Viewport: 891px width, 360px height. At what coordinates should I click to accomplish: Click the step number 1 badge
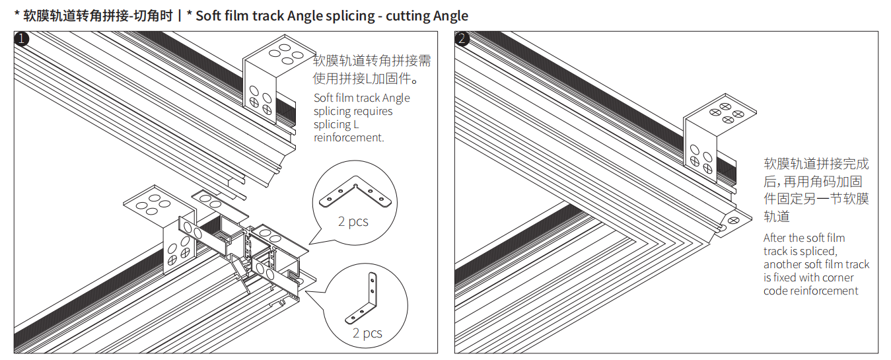click(22, 39)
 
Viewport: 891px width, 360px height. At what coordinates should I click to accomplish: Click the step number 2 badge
click(462, 39)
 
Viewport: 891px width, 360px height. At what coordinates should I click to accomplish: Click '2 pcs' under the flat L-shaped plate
click(353, 221)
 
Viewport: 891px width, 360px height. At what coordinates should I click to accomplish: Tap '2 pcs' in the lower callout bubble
click(367, 333)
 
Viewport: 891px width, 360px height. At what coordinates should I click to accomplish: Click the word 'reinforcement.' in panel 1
click(349, 137)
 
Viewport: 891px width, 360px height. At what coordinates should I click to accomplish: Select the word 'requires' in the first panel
click(373, 111)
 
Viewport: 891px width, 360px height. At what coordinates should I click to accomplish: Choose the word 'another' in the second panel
click(784, 264)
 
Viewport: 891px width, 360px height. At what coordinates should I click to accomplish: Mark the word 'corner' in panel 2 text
click(838, 277)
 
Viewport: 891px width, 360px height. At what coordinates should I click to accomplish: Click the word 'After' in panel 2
click(775, 238)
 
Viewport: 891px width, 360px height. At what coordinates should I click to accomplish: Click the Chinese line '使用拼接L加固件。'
click(367, 79)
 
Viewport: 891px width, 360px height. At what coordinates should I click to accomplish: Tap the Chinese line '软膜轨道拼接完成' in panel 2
click(816, 164)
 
